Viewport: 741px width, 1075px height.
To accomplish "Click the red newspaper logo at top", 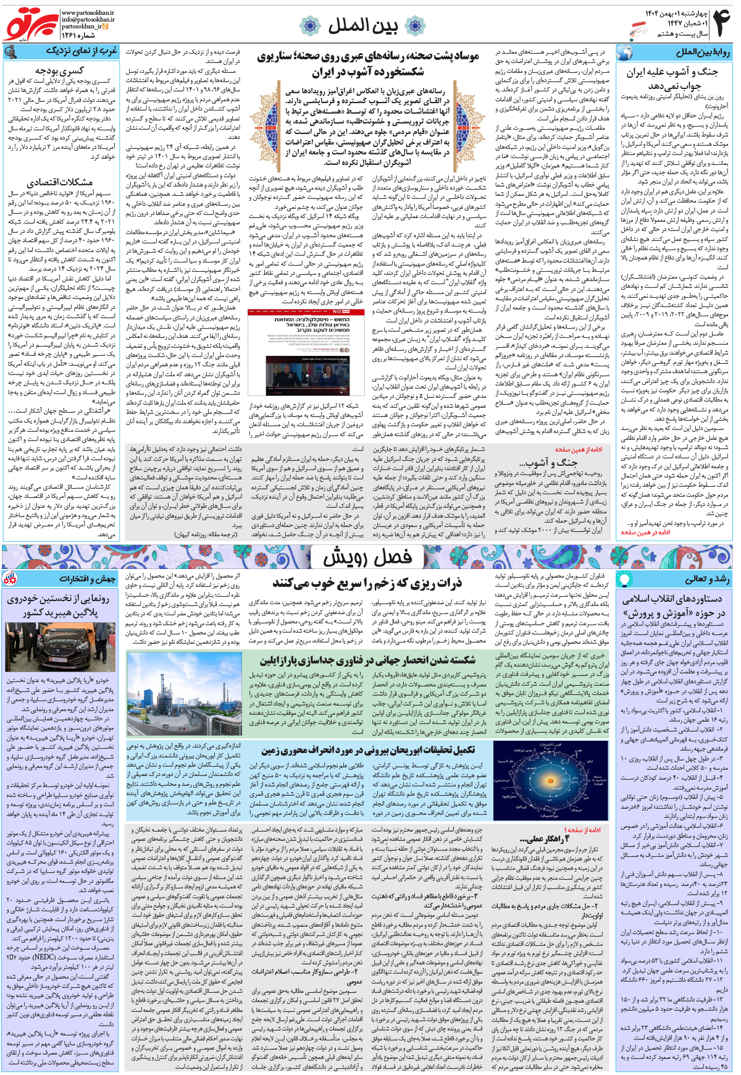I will (31, 25).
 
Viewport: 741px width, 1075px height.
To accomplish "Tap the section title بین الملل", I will (362, 25).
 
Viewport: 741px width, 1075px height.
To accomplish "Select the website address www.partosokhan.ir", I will (88, 12).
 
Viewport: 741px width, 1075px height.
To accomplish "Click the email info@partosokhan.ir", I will (88, 20).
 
